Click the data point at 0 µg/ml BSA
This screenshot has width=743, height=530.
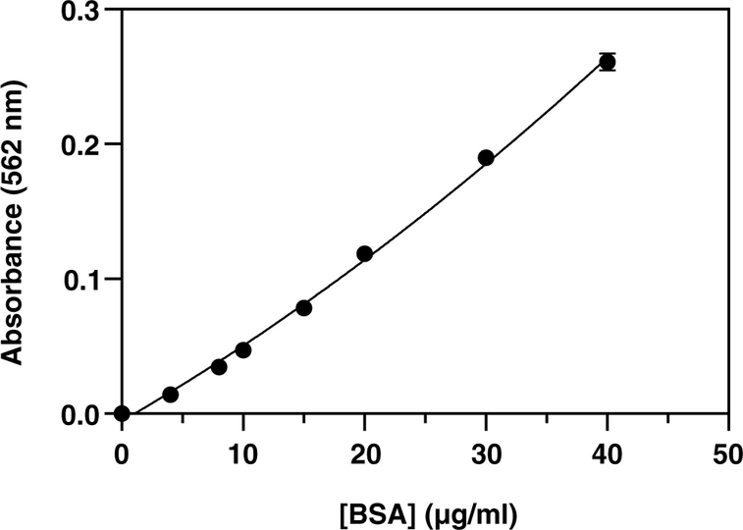click(122, 413)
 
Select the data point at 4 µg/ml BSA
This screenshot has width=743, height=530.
click(170, 395)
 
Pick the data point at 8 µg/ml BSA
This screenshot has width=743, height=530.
click(219, 367)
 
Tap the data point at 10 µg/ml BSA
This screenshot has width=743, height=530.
click(243, 350)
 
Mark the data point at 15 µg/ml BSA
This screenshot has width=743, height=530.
click(303, 308)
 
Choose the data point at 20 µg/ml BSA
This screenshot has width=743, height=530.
click(364, 254)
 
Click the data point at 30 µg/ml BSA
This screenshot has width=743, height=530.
click(486, 158)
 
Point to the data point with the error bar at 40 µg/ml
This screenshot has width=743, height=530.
click(608, 62)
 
